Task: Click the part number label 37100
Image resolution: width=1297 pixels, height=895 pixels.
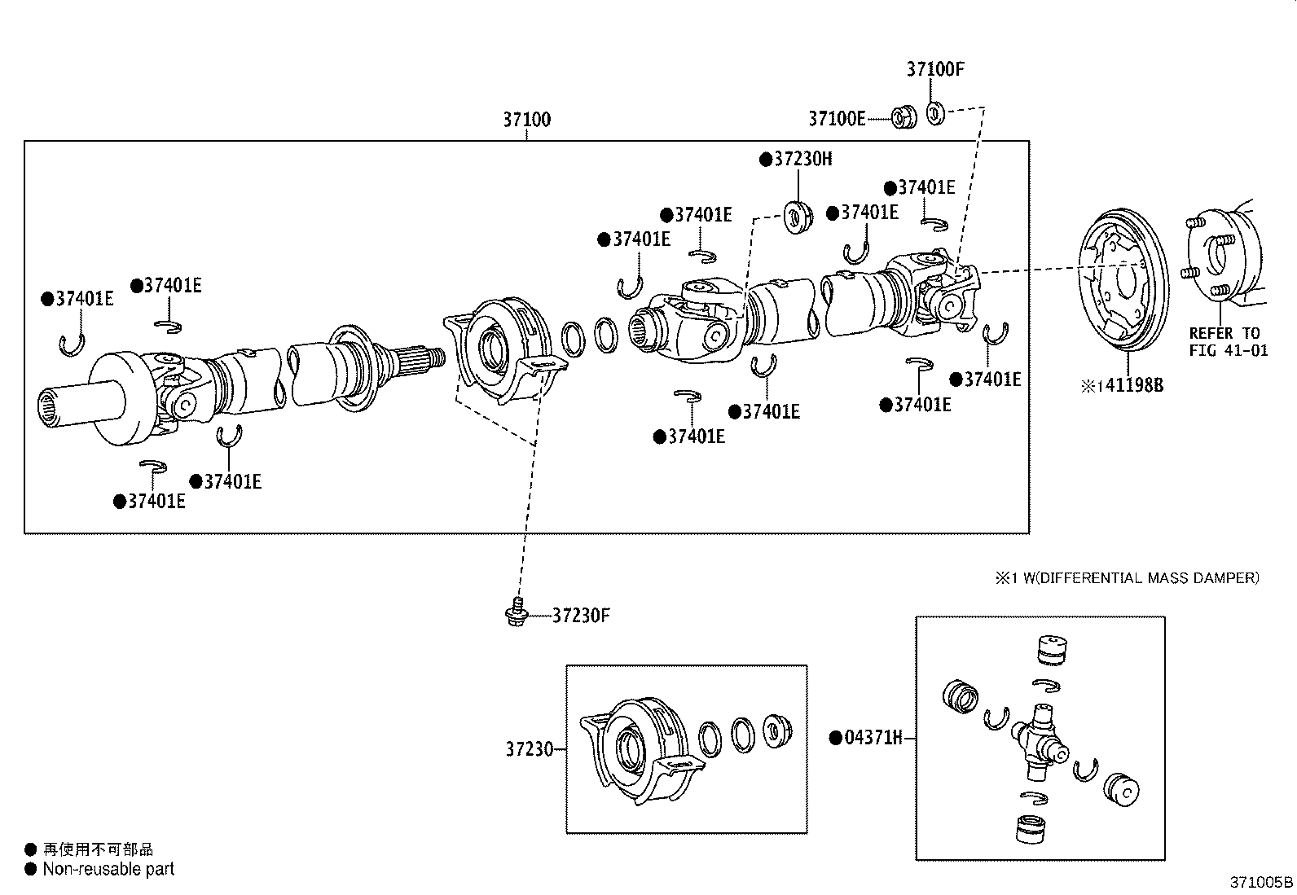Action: pyautogui.click(x=526, y=120)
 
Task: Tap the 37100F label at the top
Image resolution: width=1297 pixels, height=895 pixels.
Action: pyautogui.click(x=934, y=69)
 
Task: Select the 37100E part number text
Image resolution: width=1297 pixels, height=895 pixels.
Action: pyautogui.click(x=837, y=119)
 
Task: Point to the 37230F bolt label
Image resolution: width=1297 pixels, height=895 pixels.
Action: pyautogui.click(x=581, y=615)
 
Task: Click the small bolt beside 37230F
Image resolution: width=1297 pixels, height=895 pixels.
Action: pyautogui.click(x=513, y=612)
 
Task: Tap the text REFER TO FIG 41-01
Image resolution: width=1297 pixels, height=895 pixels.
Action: pyautogui.click(x=1228, y=342)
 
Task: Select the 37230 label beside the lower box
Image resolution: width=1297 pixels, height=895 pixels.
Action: pyautogui.click(x=529, y=749)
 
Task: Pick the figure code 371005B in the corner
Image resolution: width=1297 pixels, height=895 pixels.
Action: pyautogui.click(x=1261, y=882)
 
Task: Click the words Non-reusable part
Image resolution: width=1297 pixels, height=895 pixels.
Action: pyautogui.click(x=108, y=869)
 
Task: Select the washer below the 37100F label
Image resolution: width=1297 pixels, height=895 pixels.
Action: pyautogui.click(x=935, y=112)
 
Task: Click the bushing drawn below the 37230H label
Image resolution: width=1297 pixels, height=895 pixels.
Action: pyautogui.click(x=798, y=217)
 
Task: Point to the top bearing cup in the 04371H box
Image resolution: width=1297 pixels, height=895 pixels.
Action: pyautogui.click(x=1049, y=649)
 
